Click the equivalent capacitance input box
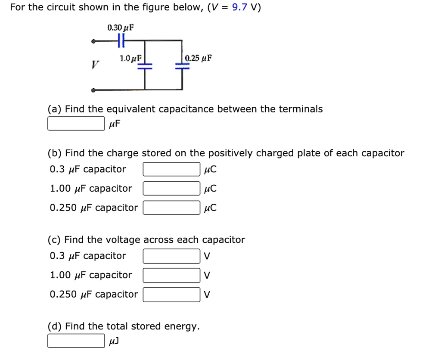coord(76,124)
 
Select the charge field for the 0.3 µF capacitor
coord(171,169)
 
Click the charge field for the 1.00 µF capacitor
coord(171,189)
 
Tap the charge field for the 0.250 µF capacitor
coord(171,208)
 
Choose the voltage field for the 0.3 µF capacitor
coord(171,256)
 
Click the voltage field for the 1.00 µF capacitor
coord(171,275)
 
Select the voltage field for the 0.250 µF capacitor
coord(171,295)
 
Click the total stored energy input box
coord(76,341)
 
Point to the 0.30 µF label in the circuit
coord(121,28)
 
